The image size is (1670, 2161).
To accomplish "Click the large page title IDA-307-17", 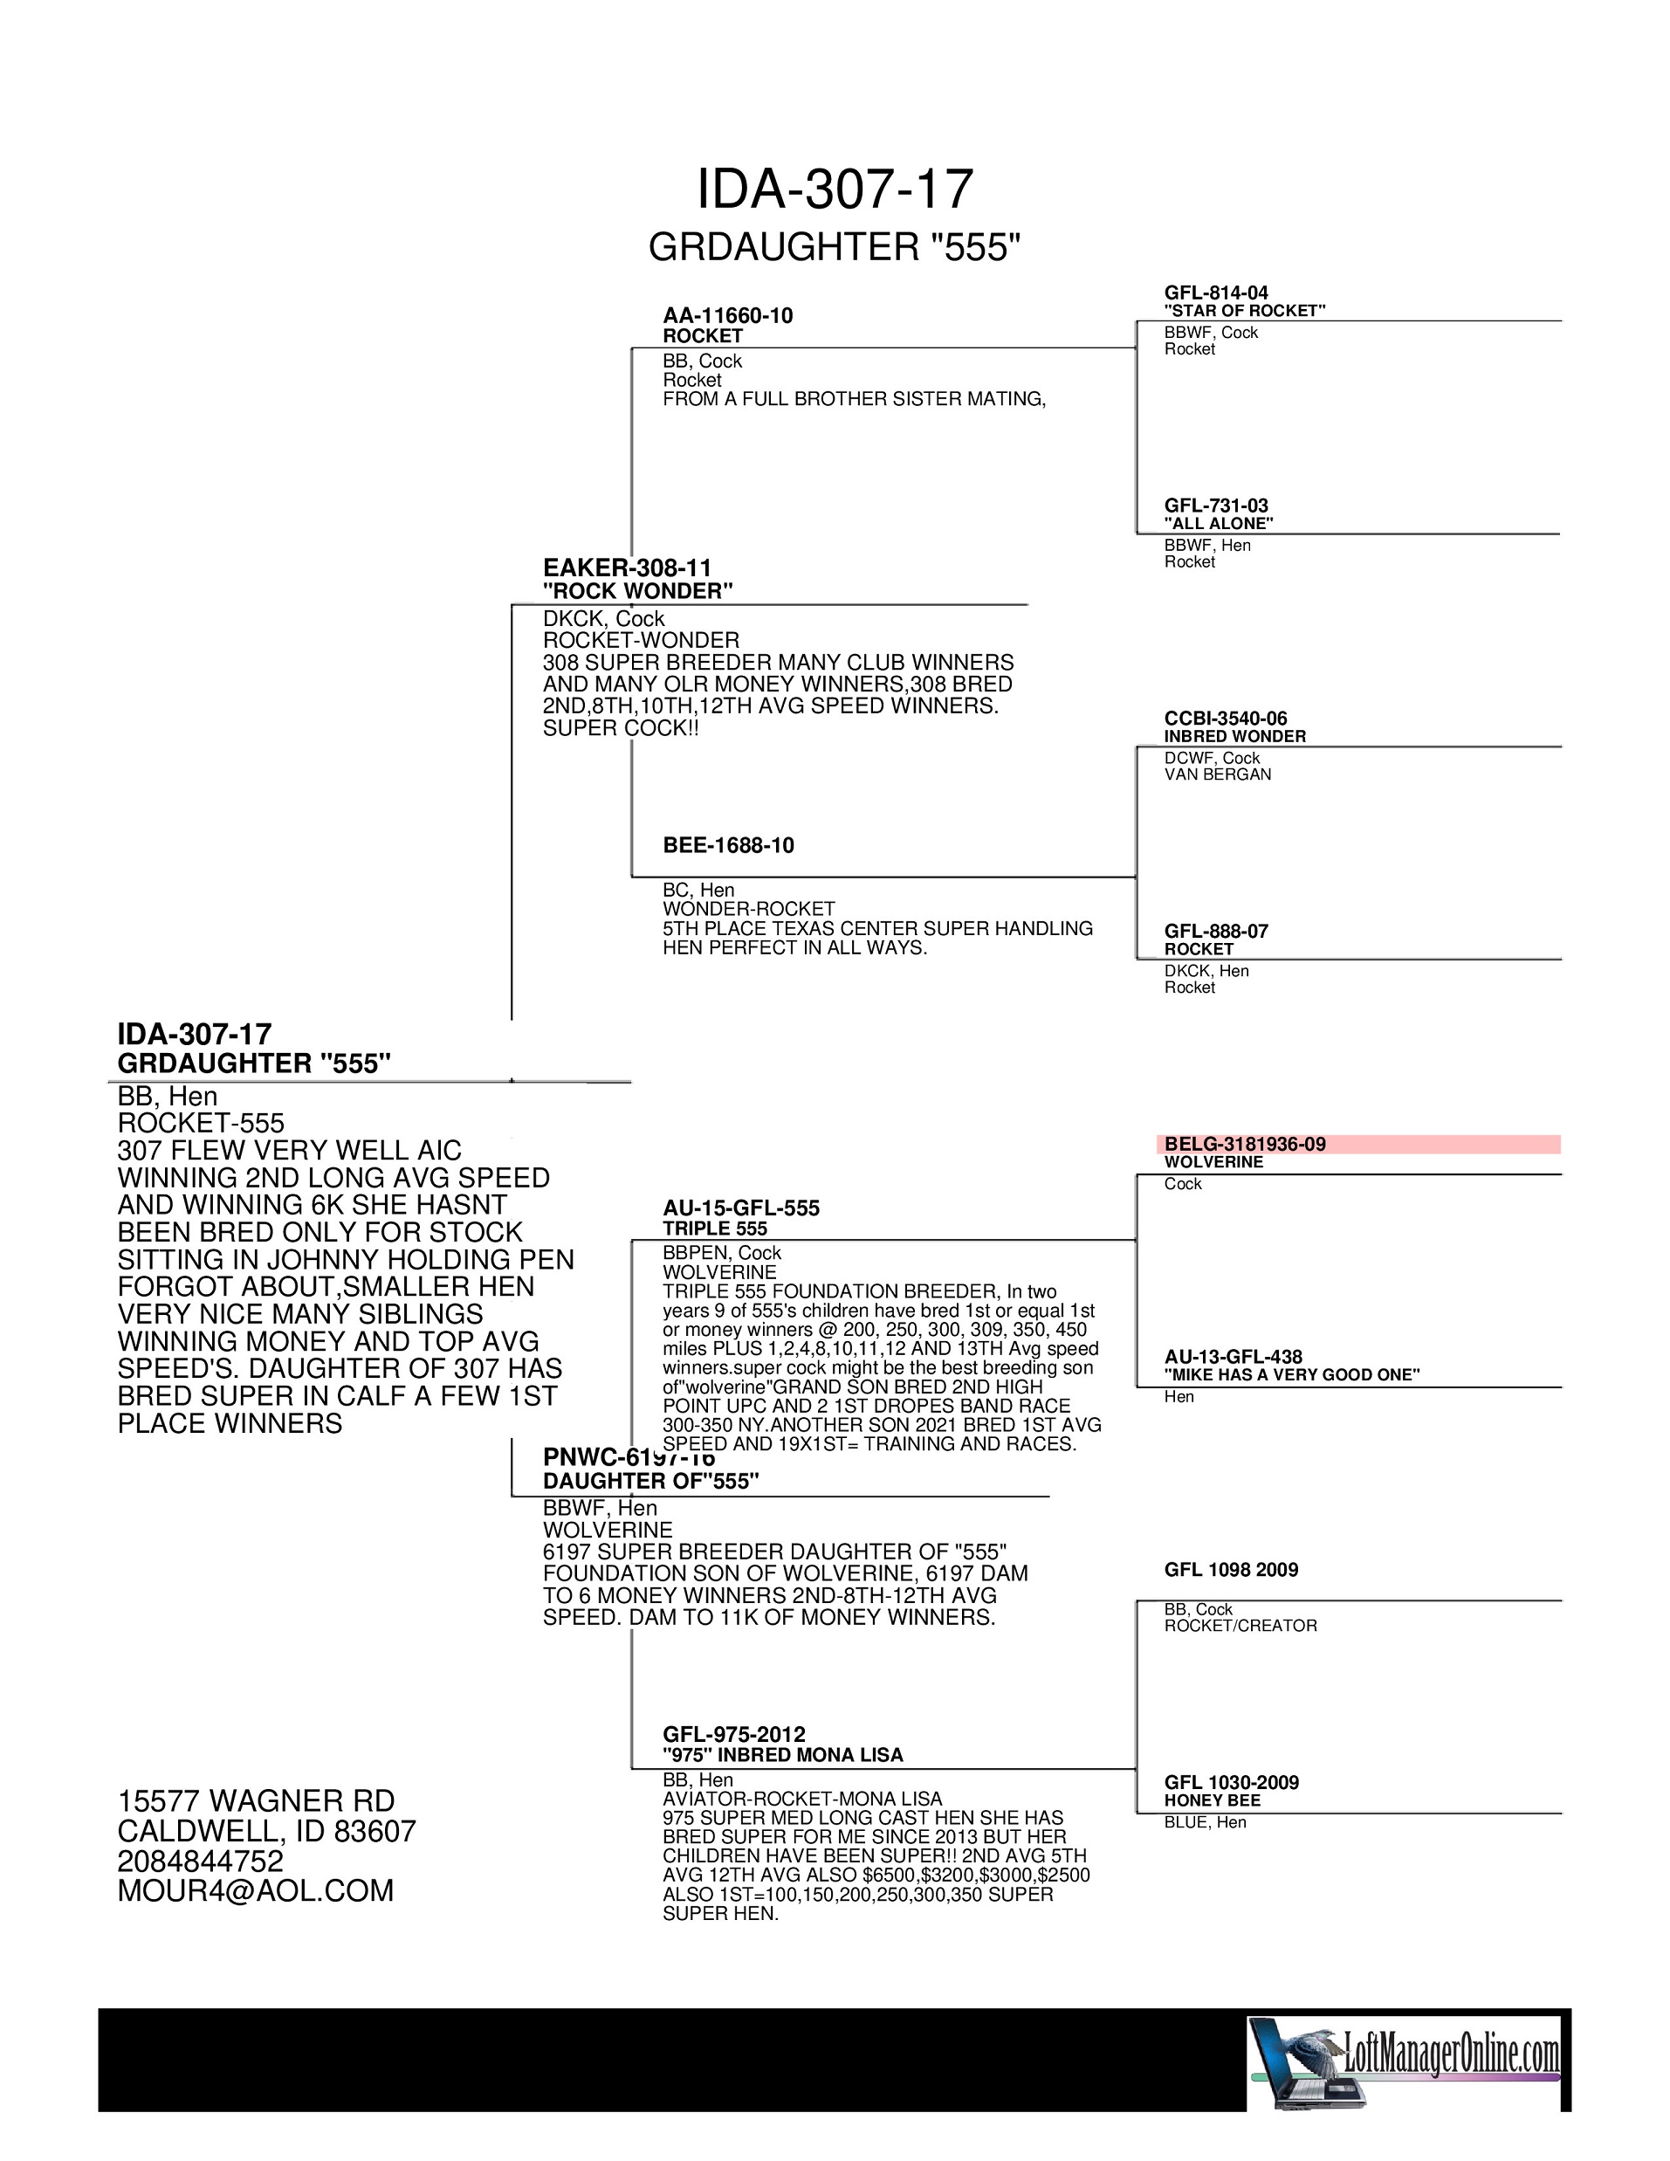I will (835, 189).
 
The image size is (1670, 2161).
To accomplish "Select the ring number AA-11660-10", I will (727, 316).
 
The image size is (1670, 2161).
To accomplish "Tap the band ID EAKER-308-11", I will (626, 568).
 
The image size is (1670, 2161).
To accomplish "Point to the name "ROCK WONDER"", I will (637, 591).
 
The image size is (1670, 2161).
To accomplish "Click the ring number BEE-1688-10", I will (728, 845).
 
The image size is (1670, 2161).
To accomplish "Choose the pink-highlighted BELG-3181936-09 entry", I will (1245, 1144).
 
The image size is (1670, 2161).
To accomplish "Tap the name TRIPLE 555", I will (714, 1228).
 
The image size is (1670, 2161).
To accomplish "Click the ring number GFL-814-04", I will (1216, 292).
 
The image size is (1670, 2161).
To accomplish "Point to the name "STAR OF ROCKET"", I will (1245, 311).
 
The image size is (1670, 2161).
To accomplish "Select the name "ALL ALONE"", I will (1218, 523).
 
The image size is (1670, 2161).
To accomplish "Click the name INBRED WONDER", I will (1234, 736).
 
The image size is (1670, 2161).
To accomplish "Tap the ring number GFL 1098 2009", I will (1231, 1569).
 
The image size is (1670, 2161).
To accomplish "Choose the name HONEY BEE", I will (1212, 1800).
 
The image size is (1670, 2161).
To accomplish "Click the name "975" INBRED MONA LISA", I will (782, 1754).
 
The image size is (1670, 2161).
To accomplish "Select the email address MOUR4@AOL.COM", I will (255, 1891).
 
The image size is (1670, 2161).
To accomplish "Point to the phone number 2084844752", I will (200, 1862).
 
